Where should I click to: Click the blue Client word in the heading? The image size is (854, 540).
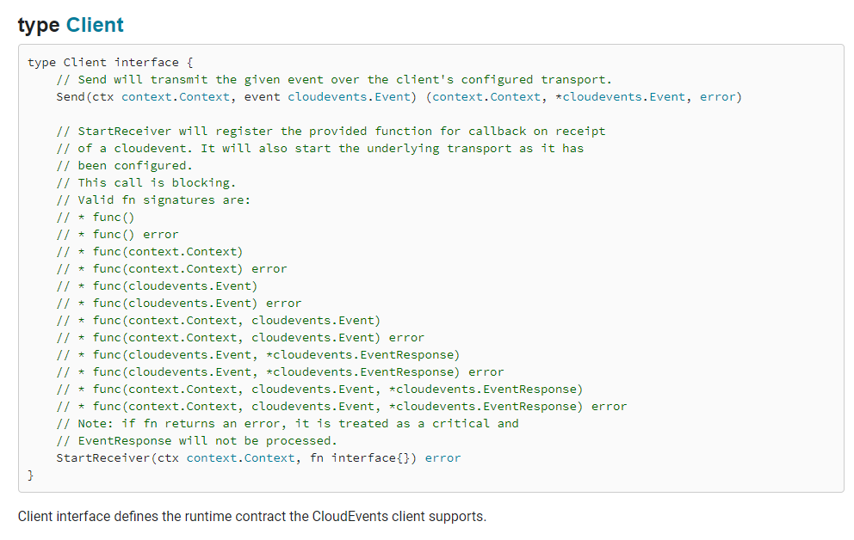(x=95, y=25)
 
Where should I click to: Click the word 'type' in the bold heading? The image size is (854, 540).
(x=39, y=25)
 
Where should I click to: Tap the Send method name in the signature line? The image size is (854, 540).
(x=71, y=97)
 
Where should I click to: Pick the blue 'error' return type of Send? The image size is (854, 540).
(x=719, y=97)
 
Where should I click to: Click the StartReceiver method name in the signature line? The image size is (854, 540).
(x=103, y=458)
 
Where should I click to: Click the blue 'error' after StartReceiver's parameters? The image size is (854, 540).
(x=442, y=458)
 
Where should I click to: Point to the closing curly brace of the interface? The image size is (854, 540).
(x=31, y=476)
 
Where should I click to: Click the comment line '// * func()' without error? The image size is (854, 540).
(x=96, y=218)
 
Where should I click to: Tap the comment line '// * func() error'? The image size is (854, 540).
(x=117, y=235)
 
